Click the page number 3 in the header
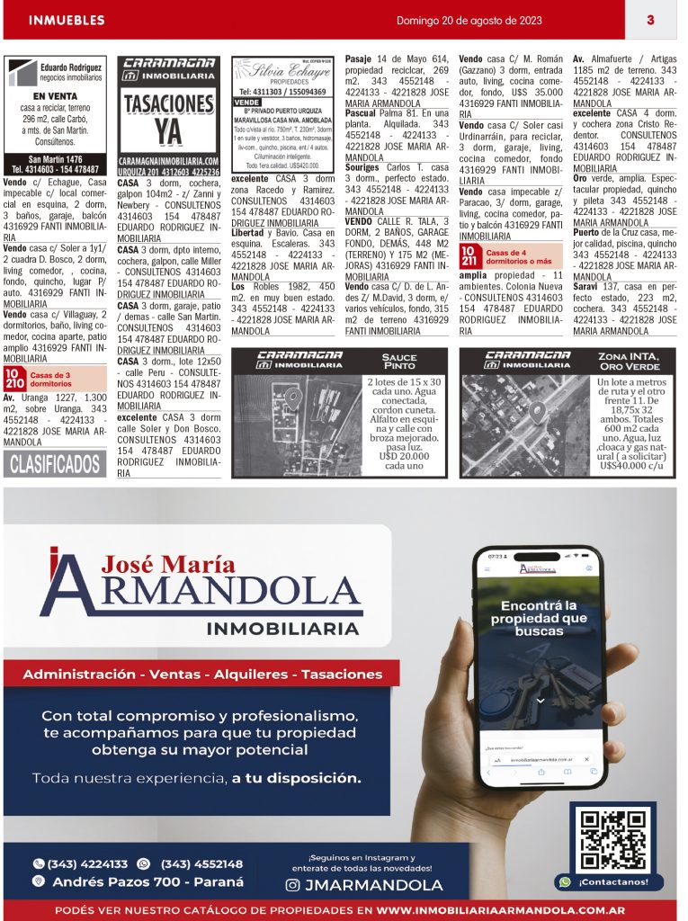[649, 20]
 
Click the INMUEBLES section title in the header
[67, 20]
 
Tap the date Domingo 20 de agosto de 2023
[469, 20]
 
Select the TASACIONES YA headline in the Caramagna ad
[168, 117]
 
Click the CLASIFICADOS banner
[55, 464]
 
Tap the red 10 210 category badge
[14, 378]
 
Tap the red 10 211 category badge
[469, 256]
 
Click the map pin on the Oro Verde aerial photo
[535, 413]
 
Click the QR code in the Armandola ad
[612, 839]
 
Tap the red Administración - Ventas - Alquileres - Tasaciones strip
[201, 674]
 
